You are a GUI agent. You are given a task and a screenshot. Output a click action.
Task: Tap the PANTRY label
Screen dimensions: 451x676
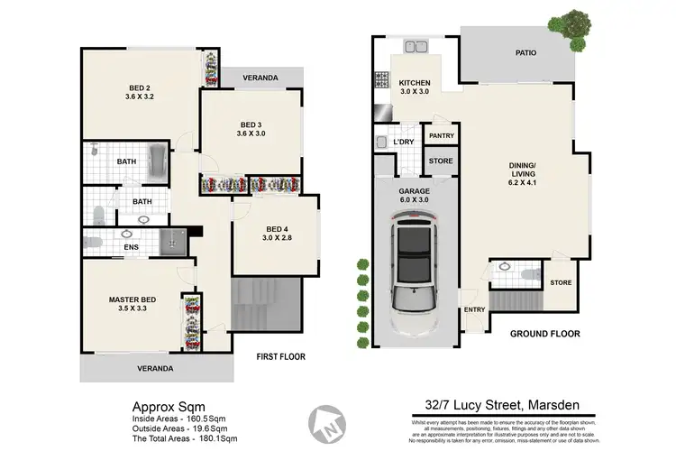point(441,136)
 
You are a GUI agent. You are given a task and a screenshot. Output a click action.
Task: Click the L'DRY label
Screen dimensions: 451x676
point(403,142)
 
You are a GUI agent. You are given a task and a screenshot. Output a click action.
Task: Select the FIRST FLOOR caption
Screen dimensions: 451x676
point(279,356)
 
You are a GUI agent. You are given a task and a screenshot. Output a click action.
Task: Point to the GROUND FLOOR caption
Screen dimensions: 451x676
point(544,334)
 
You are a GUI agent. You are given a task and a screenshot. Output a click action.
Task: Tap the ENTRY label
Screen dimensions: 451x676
point(474,310)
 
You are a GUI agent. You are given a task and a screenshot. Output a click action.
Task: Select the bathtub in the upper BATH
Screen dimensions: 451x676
point(157,162)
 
